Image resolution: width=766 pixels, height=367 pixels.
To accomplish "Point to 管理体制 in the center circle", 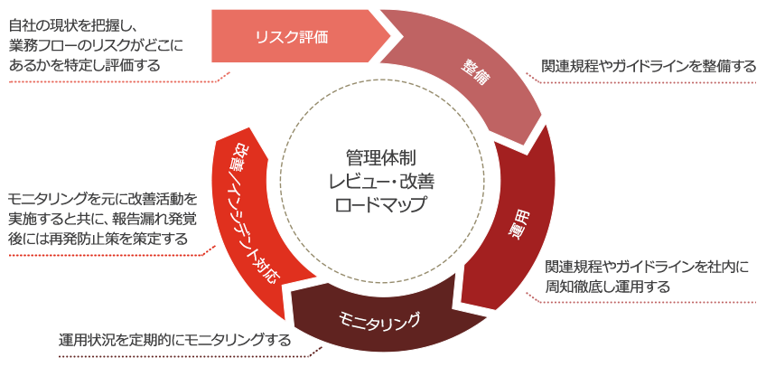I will pyautogui.click(x=380, y=156).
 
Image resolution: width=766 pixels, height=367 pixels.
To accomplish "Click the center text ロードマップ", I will pyautogui.click(x=380, y=203).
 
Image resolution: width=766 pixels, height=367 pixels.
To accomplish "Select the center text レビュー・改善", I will pyautogui.click(x=380, y=180).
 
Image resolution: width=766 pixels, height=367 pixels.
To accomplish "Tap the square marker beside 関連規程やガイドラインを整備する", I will pyautogui.click(x=532, y=77).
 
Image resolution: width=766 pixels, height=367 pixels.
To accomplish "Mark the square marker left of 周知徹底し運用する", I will pyautogui.click(x=532, y=296).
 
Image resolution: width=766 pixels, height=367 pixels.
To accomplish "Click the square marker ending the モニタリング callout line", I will pyautogui.click(x=315, y=351).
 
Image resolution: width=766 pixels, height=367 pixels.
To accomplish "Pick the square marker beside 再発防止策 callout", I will pyautogui.click(x=209, y=250).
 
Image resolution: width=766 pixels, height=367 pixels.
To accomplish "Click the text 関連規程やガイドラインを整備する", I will pyautogui.click(x=649, y=66).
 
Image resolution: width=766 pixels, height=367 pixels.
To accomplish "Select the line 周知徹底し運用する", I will pyautogui.click(x=607, y=287).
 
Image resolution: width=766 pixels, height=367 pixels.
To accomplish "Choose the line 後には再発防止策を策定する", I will pyautogui.click(x=98, y=239).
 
